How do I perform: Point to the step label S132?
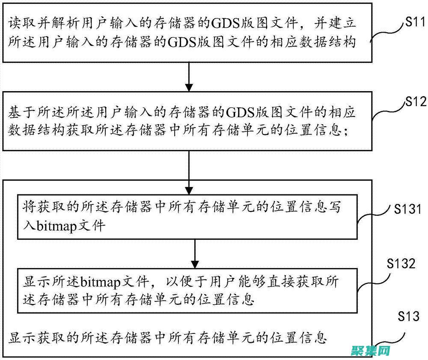399,264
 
